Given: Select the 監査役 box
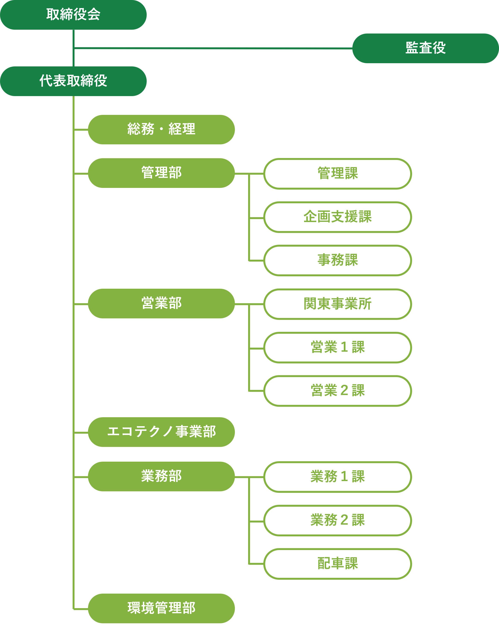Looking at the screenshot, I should [x=425, y=48].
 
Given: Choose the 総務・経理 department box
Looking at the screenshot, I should [x=161, y=129].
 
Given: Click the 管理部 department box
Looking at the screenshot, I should [x=161, y=173].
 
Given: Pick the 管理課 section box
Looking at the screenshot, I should [x=338, y=174].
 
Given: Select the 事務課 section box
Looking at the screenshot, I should [x=338, y=260].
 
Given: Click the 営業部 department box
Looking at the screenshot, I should [x=161, y=303].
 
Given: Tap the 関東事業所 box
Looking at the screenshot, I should [x=338, y=304].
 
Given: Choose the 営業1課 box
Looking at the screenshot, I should [x=338, y=347].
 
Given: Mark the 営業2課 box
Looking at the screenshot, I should [x=338, y=391].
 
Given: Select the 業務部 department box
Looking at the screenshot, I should [x=161, y=476].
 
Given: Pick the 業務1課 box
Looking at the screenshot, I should [x=338, y=477].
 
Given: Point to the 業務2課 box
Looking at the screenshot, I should [x=338, y=520].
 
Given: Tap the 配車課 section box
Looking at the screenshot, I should [x=338, y=564].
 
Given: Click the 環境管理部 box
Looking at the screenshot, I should [x=161, y=608].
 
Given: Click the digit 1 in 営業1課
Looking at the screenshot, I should [x=344, y=347].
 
